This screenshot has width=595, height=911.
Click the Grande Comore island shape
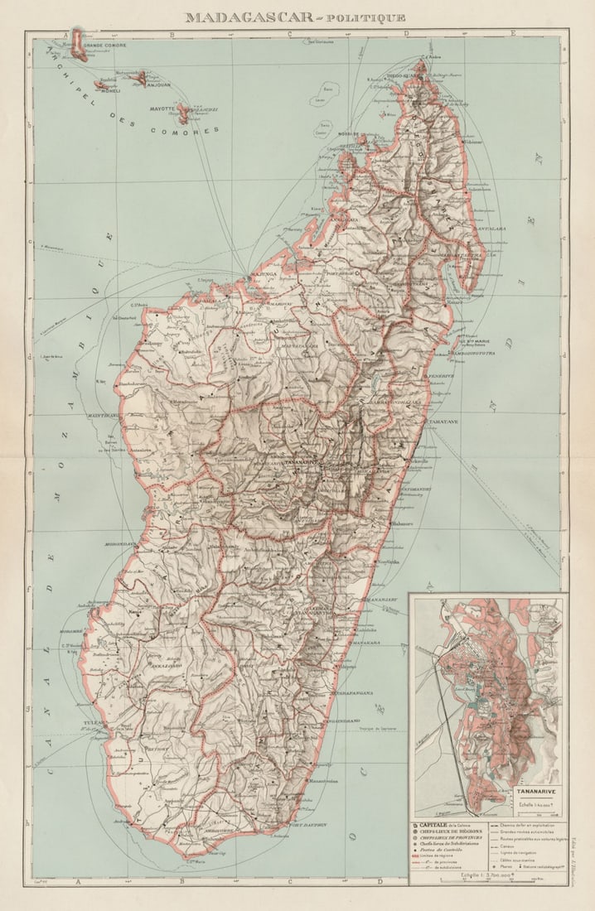click(79, 43)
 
